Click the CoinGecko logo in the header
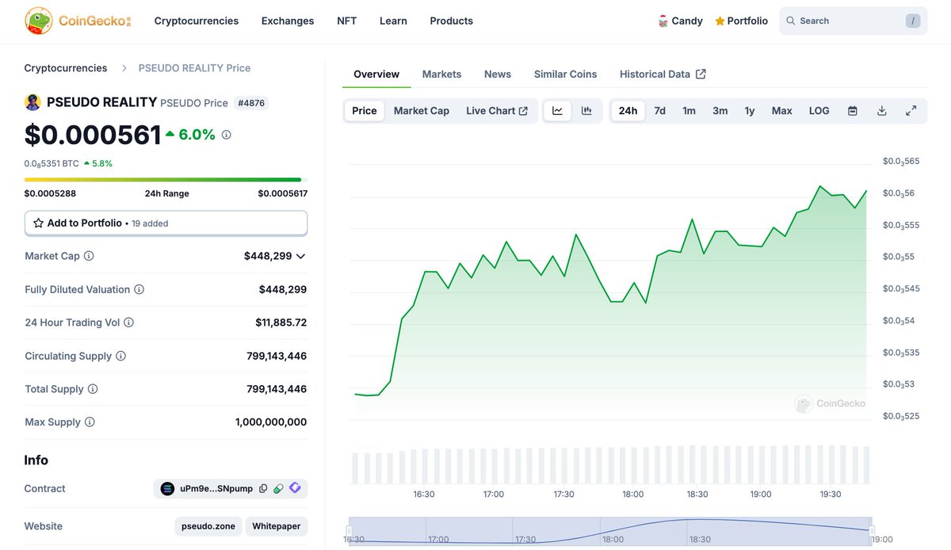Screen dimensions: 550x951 pyautogui.click(x=78, y=21)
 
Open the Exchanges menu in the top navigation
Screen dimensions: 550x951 pyautogui.click(x=288, y=21)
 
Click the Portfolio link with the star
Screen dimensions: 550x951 pyautogui.click(x=741, y=21)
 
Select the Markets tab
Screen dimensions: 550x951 pyautogui.click(x=441, y=74)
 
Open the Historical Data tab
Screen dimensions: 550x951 pyautogui.click(x=663, y=74)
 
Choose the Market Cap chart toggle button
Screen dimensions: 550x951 pyautogui.click(x=422, y=111)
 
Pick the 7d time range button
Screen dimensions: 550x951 pyautogui.click(x=659, y=111)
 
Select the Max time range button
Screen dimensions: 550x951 pyautogui.click(x=781, y=111)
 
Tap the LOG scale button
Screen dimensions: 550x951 pyautogui.click(x=819, y=111)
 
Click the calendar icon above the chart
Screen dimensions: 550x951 pyautogui.click(x=853, y=111)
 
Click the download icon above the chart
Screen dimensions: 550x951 pyautogui.click(x=881, y=111)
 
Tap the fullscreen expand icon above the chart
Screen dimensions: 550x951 pyautogui.click(x=911, y=111)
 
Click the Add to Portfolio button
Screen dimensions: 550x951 pyautogui.click(x=166, y=223)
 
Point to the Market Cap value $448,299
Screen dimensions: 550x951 pyautogui.click(x=268, y=256)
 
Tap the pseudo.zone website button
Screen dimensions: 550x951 pyautogui.click(x=208, y=526)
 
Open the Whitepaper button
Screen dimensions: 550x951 pyautogui.click(x=277, y=526)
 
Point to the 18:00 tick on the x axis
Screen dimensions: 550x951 pyautogui.click(x=632, y=495)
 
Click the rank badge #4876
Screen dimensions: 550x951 pyautogui.click(x=251, y=103)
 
